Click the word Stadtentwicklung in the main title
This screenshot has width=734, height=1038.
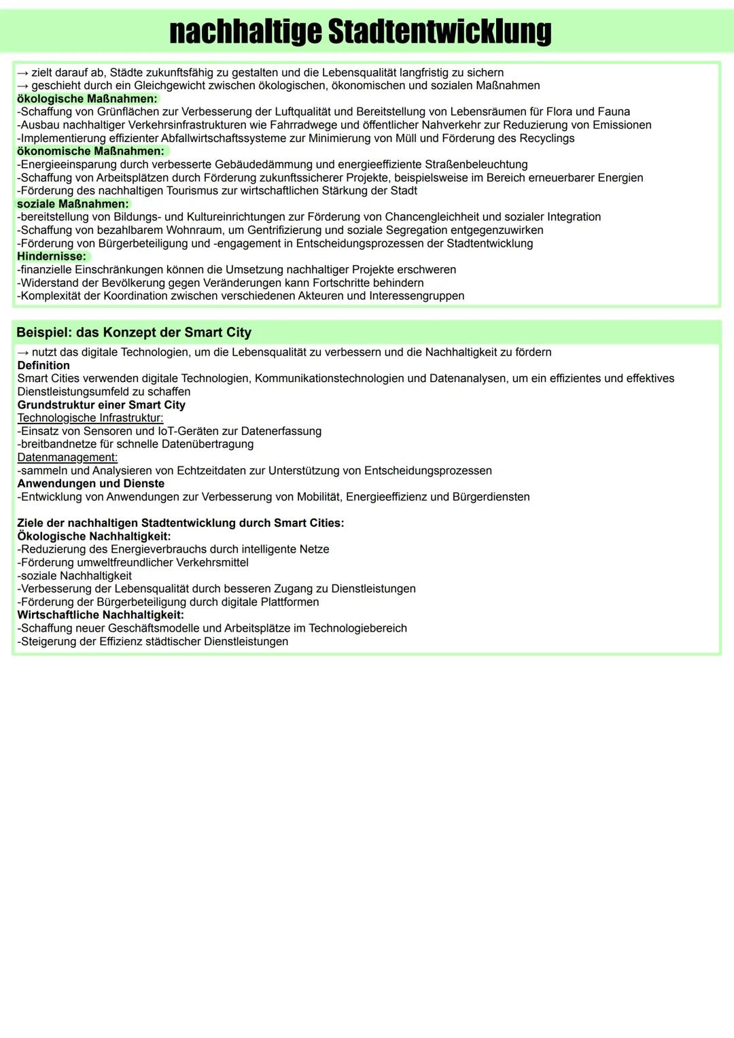[439, 31]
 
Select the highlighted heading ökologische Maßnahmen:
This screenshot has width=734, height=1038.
[87, 99]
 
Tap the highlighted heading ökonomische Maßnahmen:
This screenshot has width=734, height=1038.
[90, 151]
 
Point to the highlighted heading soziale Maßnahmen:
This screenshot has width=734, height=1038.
[73, 204]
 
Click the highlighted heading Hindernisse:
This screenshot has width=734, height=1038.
[52, 256]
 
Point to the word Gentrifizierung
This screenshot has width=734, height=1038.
[285, 230]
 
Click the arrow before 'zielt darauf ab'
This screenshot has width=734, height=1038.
[23, 73]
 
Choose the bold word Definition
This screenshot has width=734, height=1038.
[43, 365]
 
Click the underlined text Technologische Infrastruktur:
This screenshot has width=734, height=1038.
[90, 418]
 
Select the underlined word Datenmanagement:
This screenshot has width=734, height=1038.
[67, 457]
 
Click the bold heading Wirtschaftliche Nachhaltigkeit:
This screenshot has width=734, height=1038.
[101, 615]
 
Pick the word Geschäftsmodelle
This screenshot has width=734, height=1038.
[154, 628]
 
